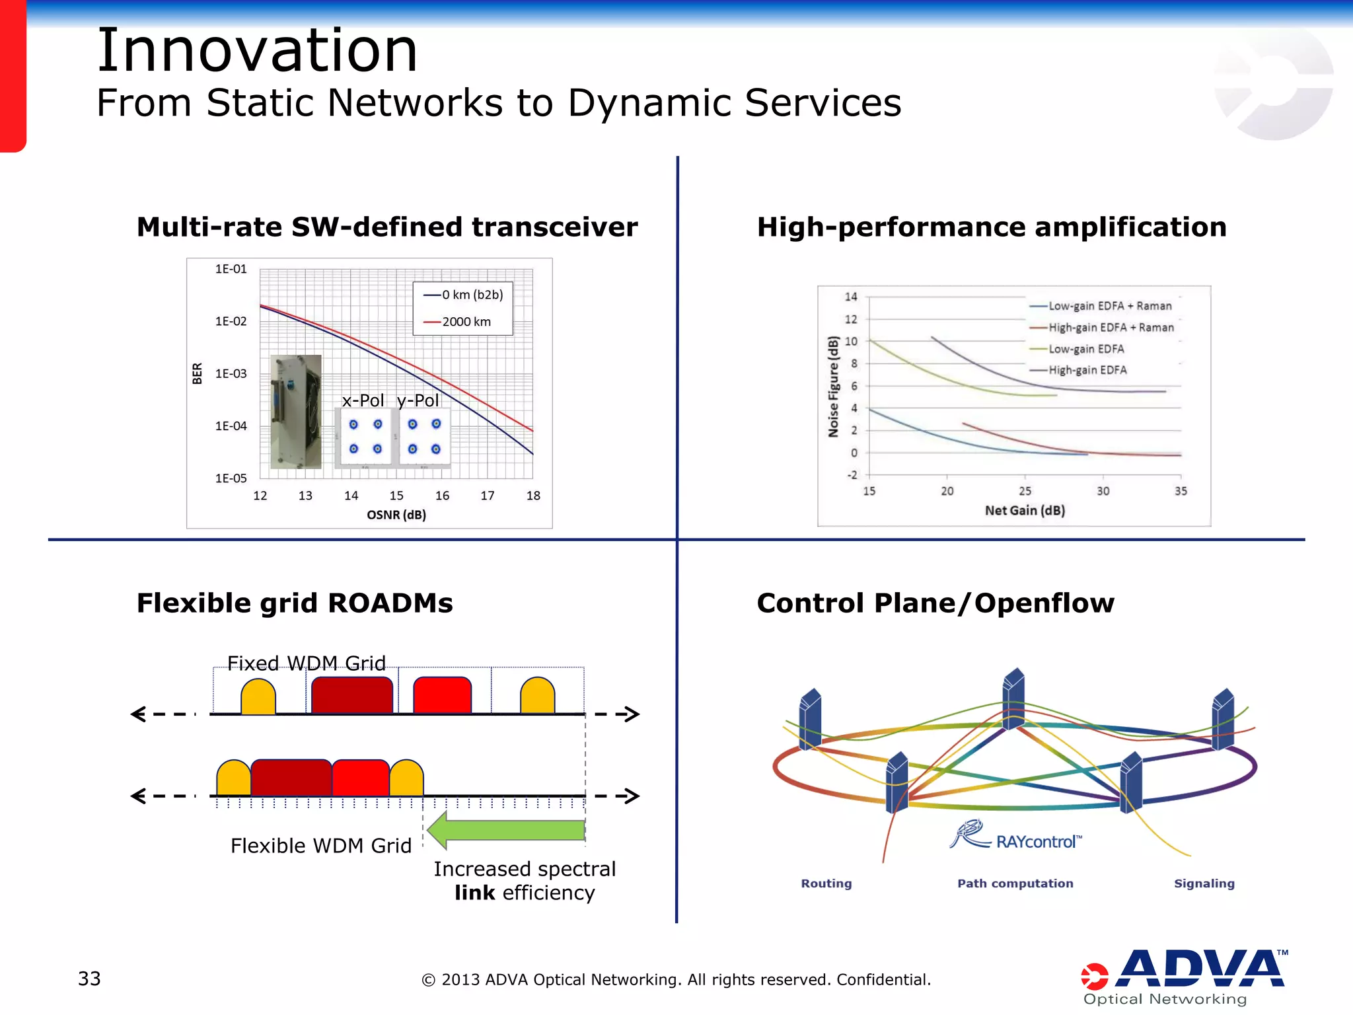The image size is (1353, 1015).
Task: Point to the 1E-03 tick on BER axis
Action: click(231, 374)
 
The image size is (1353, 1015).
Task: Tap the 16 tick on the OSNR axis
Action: click(442, 496)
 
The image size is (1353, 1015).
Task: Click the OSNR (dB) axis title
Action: click(396, 515)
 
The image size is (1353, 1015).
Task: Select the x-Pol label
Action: click(363, 400)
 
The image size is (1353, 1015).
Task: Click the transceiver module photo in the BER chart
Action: click(296, 412)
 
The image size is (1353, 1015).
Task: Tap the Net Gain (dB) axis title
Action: click(1025, 510)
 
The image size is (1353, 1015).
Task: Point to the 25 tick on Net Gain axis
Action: click(1025, 491)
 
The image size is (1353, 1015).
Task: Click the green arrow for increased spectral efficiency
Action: click(506, 830)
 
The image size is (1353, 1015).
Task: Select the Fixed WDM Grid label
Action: click(307, 663)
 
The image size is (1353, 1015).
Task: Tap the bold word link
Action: click(474, 893)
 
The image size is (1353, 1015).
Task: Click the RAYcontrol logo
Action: click(1016, 837)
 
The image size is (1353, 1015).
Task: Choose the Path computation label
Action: click(1015, 883)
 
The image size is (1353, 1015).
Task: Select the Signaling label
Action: click(1204, 883)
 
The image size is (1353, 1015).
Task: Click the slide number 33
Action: click(89, 979)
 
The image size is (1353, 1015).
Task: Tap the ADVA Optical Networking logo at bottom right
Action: click(1183, 977)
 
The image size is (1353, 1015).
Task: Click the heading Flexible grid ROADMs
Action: click(295, 603)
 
